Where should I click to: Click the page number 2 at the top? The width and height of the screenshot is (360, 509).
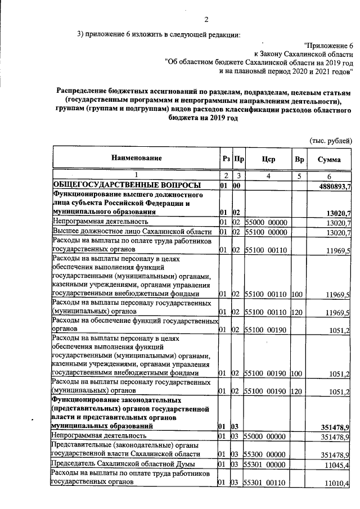click(x=206, y=20)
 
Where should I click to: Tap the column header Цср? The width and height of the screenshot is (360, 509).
click(x=268, y=159)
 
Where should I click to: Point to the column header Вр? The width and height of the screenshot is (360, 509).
click(x=299, y=159)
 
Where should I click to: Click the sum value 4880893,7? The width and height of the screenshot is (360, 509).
click(x=335, y=186)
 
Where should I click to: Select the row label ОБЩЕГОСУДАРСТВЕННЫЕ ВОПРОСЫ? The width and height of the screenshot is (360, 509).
click(x=126, y=186)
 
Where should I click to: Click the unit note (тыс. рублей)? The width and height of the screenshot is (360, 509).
click(x=331, y=140)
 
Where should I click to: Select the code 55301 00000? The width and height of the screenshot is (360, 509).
click(x=268, y=465)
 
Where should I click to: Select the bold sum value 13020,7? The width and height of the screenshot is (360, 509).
click(x=339, y=213)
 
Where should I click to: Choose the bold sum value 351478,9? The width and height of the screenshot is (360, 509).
click(x=336, y=427)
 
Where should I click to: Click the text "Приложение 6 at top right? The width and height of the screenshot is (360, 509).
click(x=328, y=44)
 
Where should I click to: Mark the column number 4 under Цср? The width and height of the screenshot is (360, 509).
click(x=268, y=176)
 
